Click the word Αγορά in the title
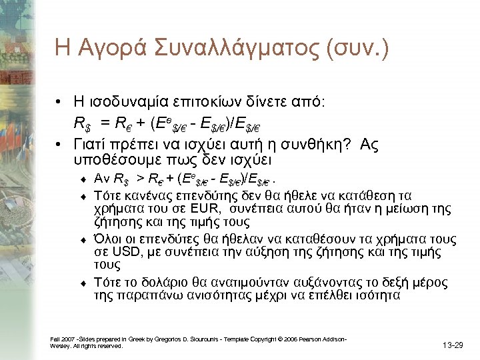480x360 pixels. pyautogui.click(x=109, y=48)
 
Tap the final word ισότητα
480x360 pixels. pyautogui.click(x=377, y=295)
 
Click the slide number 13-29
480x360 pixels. pyautogui.click(x=454, y=345)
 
